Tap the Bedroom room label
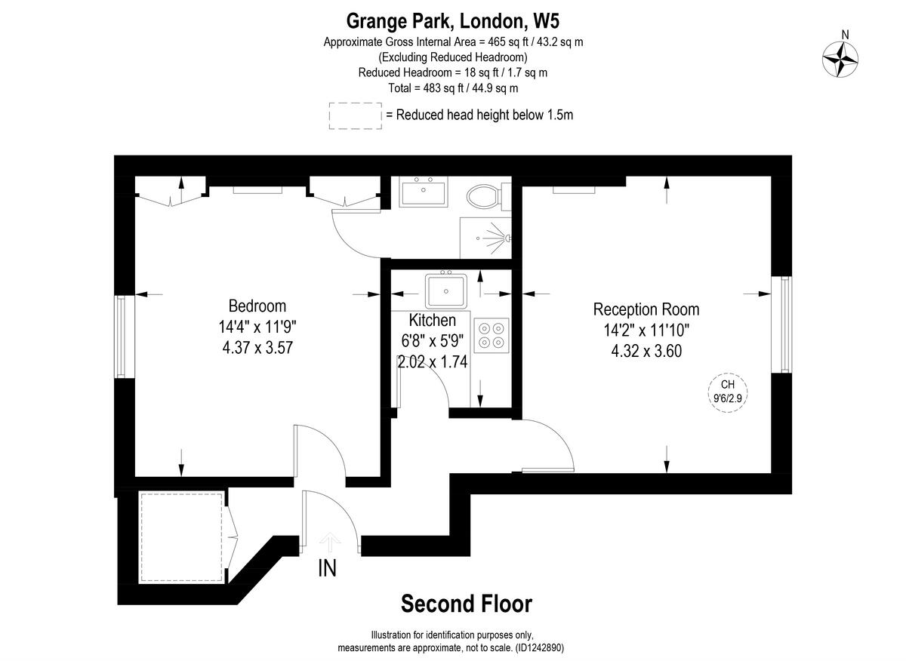point(257,306)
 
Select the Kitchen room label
point(432,320)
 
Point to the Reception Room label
point(646,309)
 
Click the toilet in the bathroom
point(482,198)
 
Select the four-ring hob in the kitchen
point(491,335)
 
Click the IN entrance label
point(327,568)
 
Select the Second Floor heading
point(466,604)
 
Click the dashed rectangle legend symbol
point(355,115)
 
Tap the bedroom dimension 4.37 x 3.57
point(257,348)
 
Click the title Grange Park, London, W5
point(453,20)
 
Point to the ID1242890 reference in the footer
point(538,648)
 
